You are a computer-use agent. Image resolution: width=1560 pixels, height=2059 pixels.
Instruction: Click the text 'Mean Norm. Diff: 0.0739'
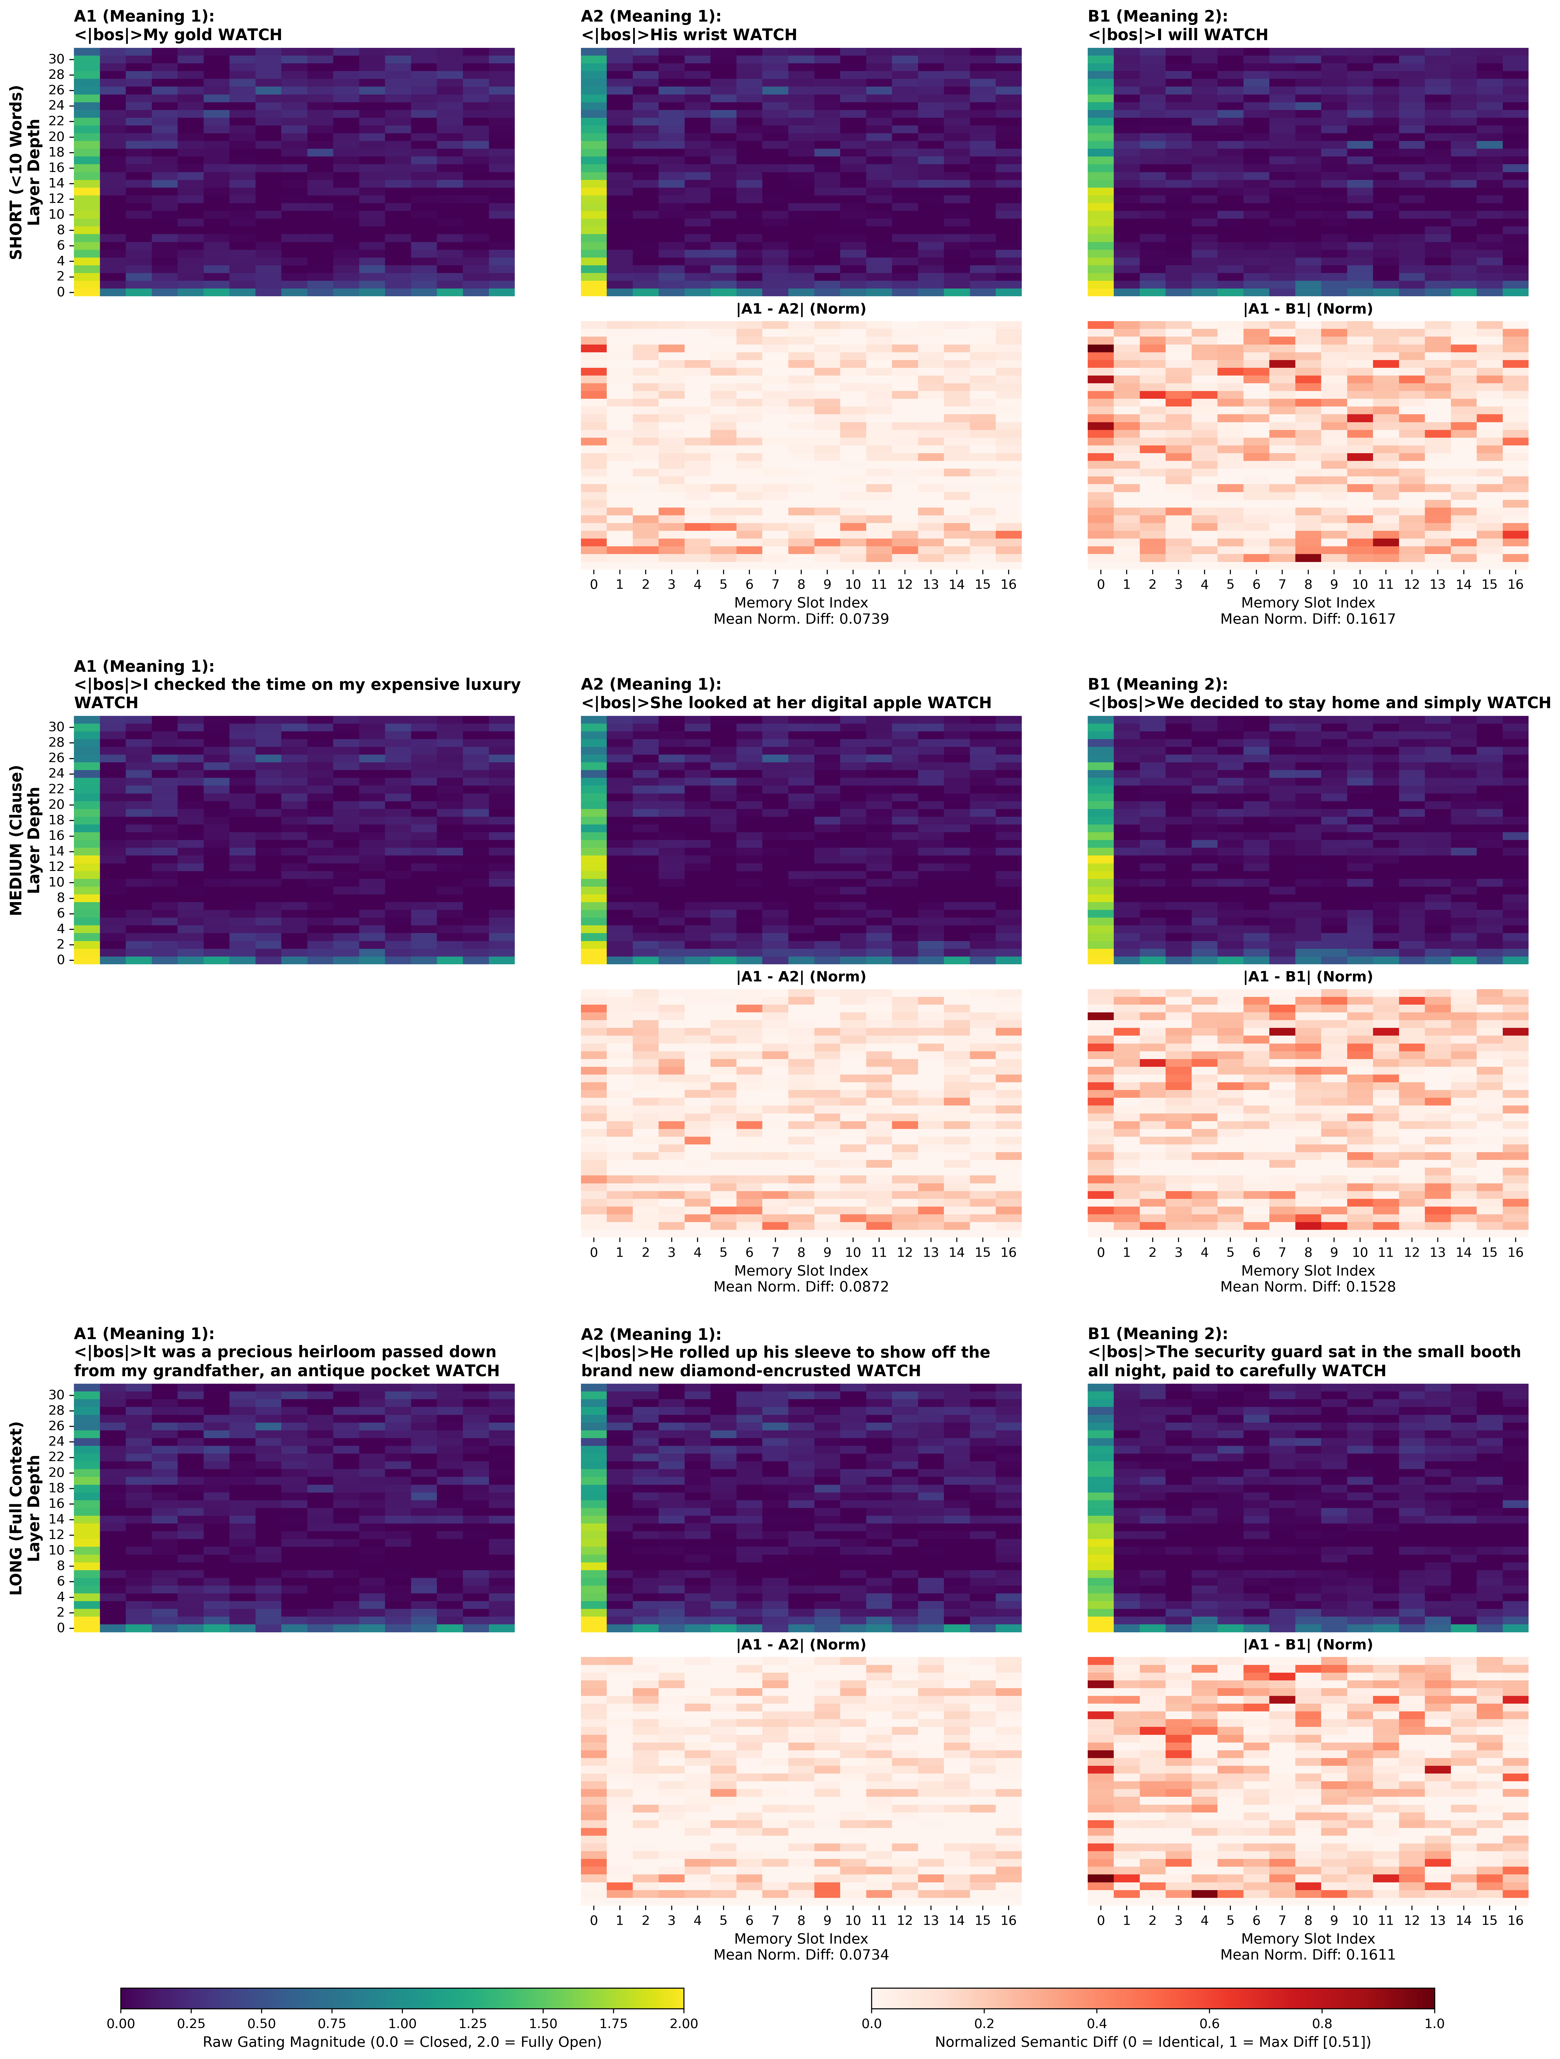[x=801, y=619]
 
